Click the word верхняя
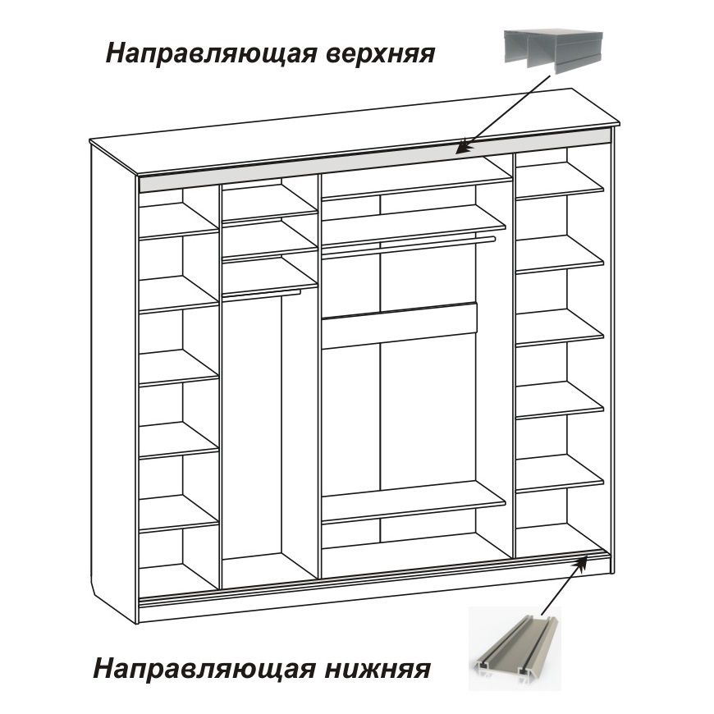381,53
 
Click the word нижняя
378,670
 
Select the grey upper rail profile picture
553,51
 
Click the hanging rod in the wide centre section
409,247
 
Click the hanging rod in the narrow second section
261,295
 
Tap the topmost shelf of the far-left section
179,221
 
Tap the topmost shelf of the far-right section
560,181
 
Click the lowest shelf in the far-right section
560,474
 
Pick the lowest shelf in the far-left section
179,514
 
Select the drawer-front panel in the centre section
400,326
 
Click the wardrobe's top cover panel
355,132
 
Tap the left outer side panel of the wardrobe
114,383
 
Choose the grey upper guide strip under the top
374,159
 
